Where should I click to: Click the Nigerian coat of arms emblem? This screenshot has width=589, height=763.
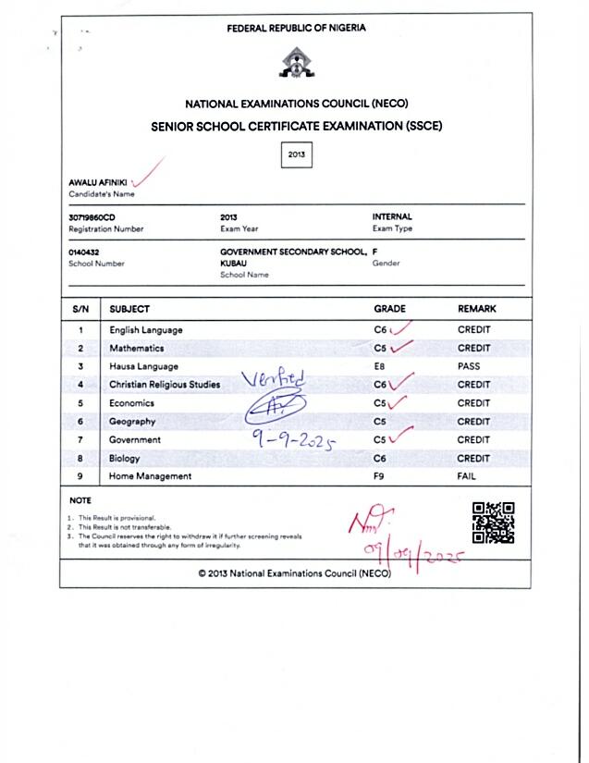point(296,64)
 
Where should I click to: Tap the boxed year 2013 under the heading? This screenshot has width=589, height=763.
point(296,155)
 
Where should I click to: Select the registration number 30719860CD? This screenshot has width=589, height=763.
point(92,216)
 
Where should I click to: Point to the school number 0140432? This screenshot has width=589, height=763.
point(83,252)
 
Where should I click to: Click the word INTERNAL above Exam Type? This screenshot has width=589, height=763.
point(392,216)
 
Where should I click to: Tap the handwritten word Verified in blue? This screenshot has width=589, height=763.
point(272,380)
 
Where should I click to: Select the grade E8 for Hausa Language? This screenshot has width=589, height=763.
point(380,366)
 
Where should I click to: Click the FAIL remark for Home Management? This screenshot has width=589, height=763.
point(466,476)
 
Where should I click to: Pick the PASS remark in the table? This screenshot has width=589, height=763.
point(469,366)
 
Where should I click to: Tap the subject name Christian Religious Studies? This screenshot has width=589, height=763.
point(165,385)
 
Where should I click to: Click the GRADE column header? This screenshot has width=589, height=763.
point(389,309)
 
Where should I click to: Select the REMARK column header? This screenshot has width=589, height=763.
point(476,309)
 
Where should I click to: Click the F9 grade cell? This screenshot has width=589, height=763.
point(379,476)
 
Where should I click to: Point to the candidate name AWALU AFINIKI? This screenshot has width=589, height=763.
point(98,182)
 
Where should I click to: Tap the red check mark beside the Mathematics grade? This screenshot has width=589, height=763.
point(400,348)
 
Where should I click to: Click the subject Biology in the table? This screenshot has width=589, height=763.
point(125,458)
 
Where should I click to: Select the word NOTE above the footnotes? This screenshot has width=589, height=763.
point(80,500)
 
